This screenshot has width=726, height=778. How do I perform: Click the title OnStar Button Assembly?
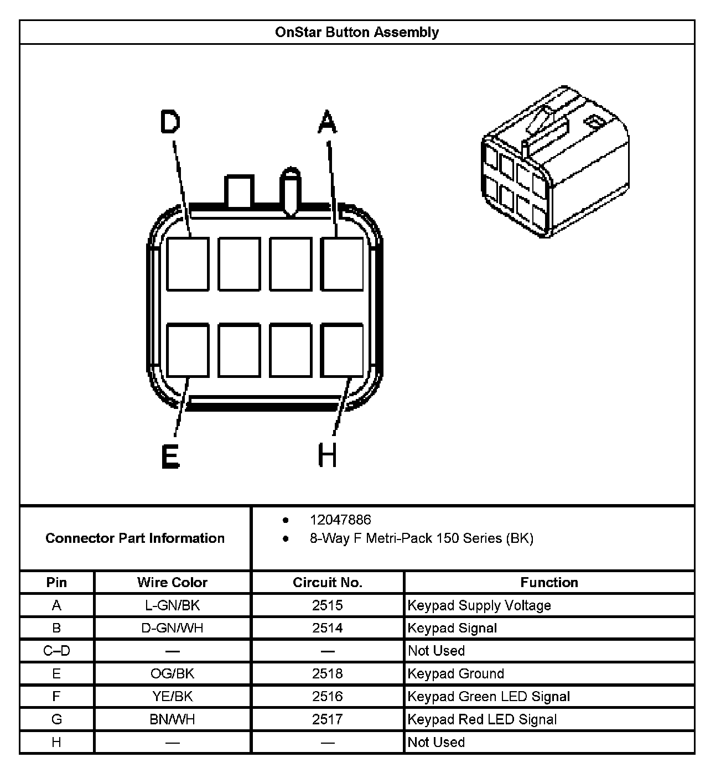[357, 32]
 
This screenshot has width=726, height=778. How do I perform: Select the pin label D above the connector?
[170, 122]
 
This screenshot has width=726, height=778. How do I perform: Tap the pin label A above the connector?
[327, 122]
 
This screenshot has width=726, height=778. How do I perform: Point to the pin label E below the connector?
[170, 457]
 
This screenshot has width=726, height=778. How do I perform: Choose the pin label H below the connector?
[327, 457]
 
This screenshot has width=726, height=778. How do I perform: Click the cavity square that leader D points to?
[188, 264]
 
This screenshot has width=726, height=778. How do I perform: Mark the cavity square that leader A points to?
[343, 264]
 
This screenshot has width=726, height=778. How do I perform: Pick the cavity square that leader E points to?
[188, 351]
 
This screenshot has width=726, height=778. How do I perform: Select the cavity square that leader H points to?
[343, 351]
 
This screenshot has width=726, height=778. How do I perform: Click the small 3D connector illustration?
[555, 161]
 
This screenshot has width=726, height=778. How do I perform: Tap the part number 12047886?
[340, 520]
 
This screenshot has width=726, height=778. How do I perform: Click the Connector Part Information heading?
[135, 538]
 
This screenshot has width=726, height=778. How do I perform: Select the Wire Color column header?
[172, 582]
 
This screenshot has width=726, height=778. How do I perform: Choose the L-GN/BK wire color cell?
[172, 605]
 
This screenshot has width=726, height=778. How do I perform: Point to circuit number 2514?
[327, 628]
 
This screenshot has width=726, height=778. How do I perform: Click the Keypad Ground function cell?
[456, 673]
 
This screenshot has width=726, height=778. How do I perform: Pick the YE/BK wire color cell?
[172, 696]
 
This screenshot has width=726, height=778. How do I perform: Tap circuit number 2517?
[327, 719]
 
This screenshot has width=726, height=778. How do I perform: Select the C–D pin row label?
[56, 651]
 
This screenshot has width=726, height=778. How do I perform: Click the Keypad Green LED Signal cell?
[489, 696]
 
